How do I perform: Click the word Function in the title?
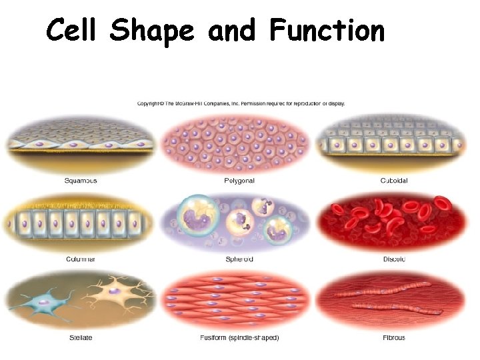click(327, 31)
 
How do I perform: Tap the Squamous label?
click(81, 181)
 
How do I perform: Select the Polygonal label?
click(239, 181)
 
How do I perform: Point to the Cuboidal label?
click(394, 181)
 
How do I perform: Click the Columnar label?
click(80, 259)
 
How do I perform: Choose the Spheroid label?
click(239, 259)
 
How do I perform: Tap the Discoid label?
click(394, 259)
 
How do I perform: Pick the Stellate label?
click(81, 337)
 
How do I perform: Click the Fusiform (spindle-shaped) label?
click(239, 337)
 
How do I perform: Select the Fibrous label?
click(394, 337)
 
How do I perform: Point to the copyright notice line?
click(241, 103)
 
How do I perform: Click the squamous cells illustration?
click(80, 143)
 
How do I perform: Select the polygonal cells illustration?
click(239, 142)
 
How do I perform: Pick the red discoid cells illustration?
click(394, 220)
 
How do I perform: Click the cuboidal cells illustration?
click(394, 143)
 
